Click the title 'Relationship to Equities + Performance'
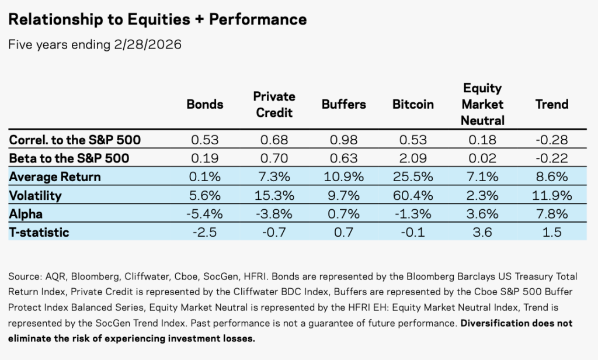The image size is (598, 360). (158, 19)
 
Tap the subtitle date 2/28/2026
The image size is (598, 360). (148, 44)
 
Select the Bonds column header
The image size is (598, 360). (205, 104)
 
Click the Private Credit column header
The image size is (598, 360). (274, 104)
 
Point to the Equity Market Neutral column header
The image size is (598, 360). (482, 104)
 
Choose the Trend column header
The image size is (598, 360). (552, 104)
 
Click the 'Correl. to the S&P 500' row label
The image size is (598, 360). (75, 140)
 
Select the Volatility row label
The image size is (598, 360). (35, 195)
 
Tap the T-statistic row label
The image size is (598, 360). (39, 232)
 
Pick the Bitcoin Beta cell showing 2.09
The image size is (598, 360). (413, 158)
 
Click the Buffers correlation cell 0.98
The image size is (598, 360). (343, 140)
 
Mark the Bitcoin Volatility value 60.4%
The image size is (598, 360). (413, 195)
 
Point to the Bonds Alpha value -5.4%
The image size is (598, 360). (205, 214)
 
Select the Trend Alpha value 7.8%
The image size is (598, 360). (552, 214)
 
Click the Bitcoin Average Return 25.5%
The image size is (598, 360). (413, 176)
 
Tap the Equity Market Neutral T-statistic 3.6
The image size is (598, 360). (482, 232)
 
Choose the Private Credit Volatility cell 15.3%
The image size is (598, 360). (274, 195)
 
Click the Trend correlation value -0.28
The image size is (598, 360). (552, 140)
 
